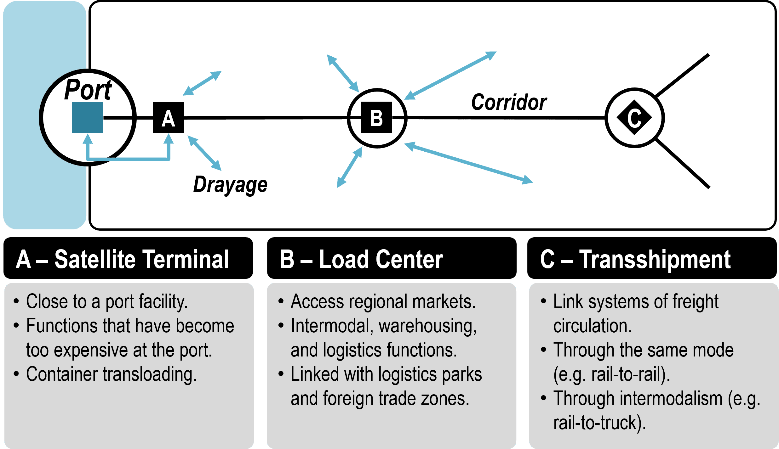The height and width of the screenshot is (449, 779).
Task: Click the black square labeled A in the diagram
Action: (168, 118)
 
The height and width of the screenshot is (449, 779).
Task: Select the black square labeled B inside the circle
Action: (376, 117)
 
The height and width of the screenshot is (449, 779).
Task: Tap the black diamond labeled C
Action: (634, 118)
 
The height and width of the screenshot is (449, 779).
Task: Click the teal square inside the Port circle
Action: (88, 117)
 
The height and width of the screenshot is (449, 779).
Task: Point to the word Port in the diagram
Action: (88, 90)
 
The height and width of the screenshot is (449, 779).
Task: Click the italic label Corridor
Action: (509, 102)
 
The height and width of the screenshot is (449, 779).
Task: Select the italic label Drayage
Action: (230, 185)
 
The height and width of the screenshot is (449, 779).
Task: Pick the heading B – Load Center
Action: (361, 260)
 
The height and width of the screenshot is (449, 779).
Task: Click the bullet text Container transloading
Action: (112, 374)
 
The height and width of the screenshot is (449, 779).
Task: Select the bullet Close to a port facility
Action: (107, 301)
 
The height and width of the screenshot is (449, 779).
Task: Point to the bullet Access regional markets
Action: (383, 301)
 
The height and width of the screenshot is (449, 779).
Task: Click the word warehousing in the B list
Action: (427, 326)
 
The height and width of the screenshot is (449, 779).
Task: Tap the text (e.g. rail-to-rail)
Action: (611, 374)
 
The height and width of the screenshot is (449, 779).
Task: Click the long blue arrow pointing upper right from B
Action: (450, 76)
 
